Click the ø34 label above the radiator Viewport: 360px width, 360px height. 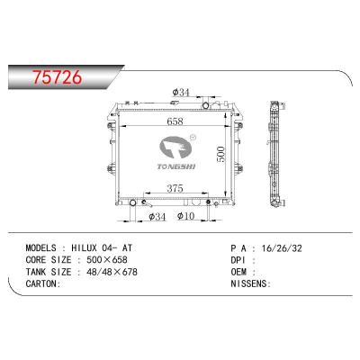pos(181,93)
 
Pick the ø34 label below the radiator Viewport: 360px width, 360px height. pos(157,216)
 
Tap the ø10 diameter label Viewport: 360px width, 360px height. pos(187,216)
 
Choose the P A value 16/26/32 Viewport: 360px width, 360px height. pos(281,245)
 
